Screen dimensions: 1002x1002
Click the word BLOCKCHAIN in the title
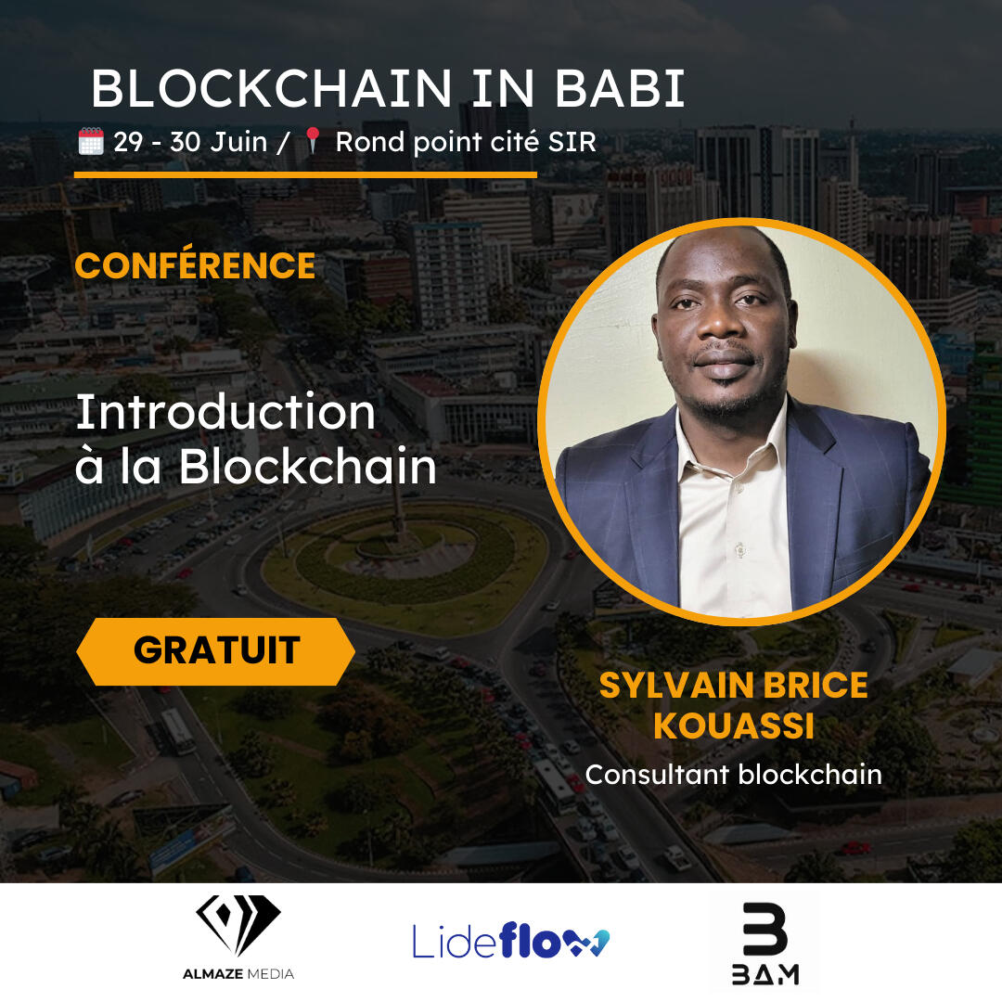[272, 89]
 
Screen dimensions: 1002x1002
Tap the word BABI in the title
[620, 89]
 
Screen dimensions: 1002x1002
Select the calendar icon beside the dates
[91, 141]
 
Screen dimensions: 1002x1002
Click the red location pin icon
[313, 140]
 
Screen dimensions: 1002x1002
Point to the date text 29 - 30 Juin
[190, 142]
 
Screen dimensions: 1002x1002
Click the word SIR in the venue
[572, 142]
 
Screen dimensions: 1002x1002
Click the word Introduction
[225, 412]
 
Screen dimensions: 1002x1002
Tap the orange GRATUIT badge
[215, 651]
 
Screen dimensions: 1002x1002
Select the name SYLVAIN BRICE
[734, 685]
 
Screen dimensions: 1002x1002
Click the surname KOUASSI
[734, 726]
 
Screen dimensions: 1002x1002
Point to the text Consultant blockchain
[734, 775]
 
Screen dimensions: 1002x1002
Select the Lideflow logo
[510, 941]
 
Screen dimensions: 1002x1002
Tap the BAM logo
[764, 944]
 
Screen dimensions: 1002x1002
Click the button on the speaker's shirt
[739, 549]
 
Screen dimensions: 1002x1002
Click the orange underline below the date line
[305, 174]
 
